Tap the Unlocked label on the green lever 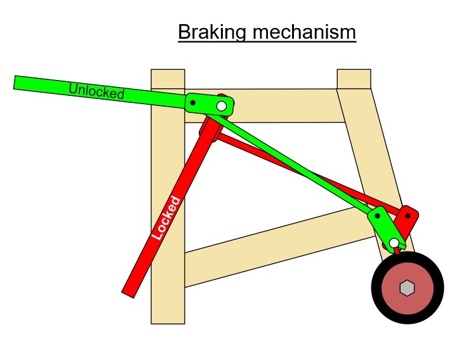(x=97, y=91)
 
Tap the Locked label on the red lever (x=167, y=218)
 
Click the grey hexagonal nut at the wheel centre (x=407, y=288)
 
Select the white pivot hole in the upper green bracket (x=222, y=106)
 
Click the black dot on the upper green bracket (x=194, y=102)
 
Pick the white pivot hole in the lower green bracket (x=394, y=243)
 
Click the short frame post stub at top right (x=354, y=79)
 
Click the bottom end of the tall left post (x=168, y=317)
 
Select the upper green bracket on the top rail (x=208, y=104)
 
